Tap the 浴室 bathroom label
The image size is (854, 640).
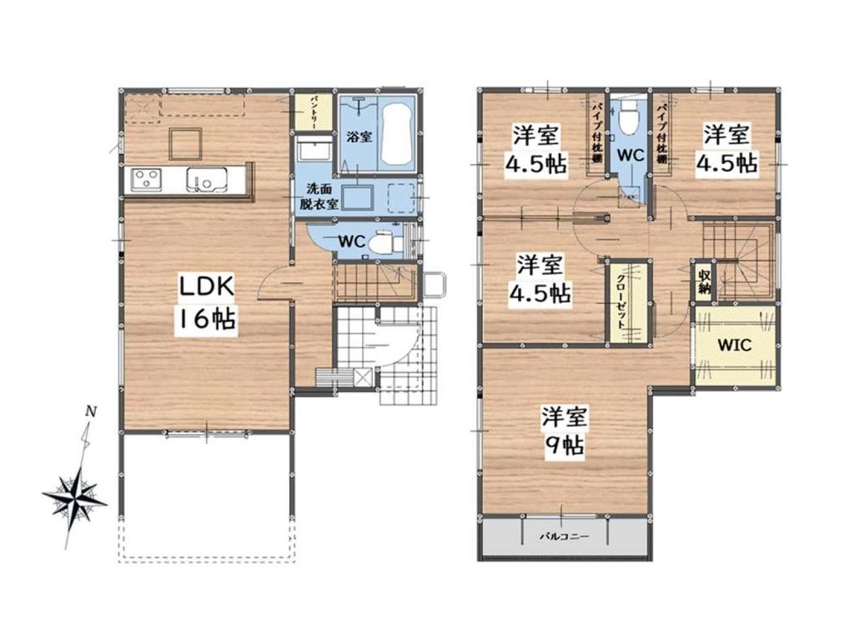tap(359, 137)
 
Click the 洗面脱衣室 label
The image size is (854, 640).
tap(320, 197)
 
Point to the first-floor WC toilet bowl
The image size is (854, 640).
tap(382, 242)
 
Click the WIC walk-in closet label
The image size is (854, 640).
tap(734, 344)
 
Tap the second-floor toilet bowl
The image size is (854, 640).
tap(629, 114)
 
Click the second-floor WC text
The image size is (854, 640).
tap(630, 154)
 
